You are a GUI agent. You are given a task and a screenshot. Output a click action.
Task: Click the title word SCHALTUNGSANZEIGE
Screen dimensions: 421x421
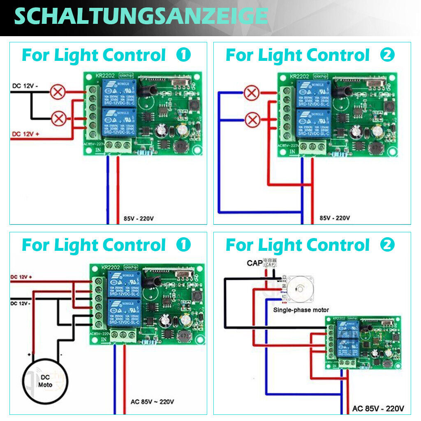tap(141, 16)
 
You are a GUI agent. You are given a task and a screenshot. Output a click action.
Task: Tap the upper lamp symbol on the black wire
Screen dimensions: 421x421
tap(58, 92)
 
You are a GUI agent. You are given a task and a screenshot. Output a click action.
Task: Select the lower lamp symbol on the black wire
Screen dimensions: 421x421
tap(58, 119)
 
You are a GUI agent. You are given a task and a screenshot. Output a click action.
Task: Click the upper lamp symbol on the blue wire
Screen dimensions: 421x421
tap(251, 93)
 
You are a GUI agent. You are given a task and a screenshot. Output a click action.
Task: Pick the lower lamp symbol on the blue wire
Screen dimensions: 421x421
tap(251, 120)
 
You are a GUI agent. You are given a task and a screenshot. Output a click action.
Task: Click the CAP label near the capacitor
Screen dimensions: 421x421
tap(254, 263)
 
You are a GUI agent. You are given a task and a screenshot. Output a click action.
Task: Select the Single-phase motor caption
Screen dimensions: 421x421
tap(301, 310)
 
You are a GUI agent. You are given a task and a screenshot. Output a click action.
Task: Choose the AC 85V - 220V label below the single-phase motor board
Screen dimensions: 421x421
tap(378, 409)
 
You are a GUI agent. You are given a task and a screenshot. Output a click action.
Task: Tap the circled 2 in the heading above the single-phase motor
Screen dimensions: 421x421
tap(387, 245)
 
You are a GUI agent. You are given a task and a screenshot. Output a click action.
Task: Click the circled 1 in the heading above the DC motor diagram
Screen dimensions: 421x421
tap(183, 245)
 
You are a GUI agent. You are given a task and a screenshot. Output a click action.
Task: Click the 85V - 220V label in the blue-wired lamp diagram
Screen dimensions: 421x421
tap(335, 218)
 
